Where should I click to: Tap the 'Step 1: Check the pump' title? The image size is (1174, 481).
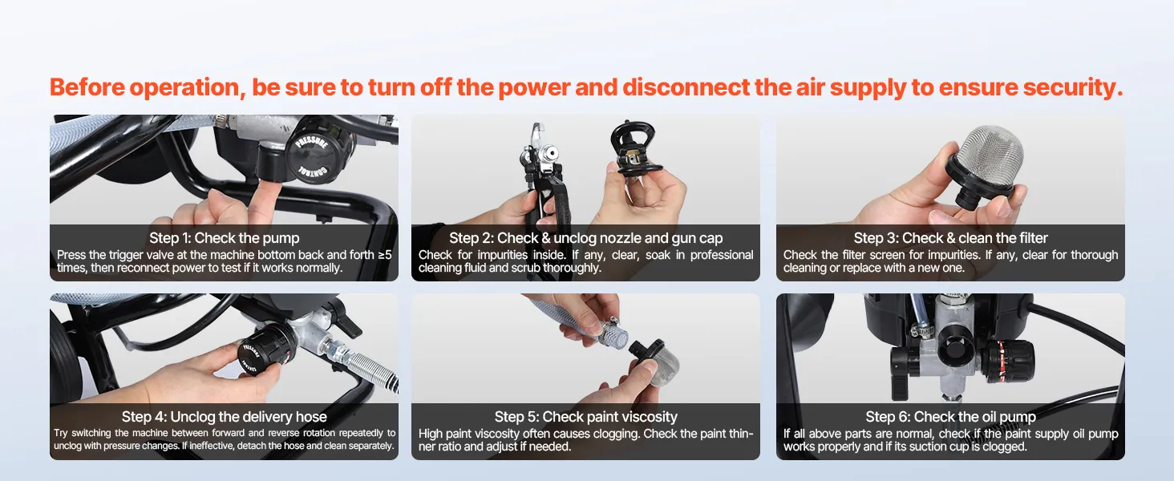(x=225, y=238)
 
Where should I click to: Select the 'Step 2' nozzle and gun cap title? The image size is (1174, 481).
(x=585, y=238)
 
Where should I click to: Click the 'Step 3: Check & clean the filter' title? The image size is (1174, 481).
(x=950, y=238)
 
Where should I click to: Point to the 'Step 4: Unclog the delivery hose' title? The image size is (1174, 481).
(x=225, y=417)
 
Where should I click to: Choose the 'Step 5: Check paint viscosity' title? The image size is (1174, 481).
(x=585, y=417)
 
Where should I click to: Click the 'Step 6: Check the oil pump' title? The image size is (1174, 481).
(x=950, y=417)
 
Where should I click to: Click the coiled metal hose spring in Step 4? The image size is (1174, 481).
(x=367, y=367)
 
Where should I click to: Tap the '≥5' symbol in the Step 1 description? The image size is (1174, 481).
(x=385, y=255)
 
